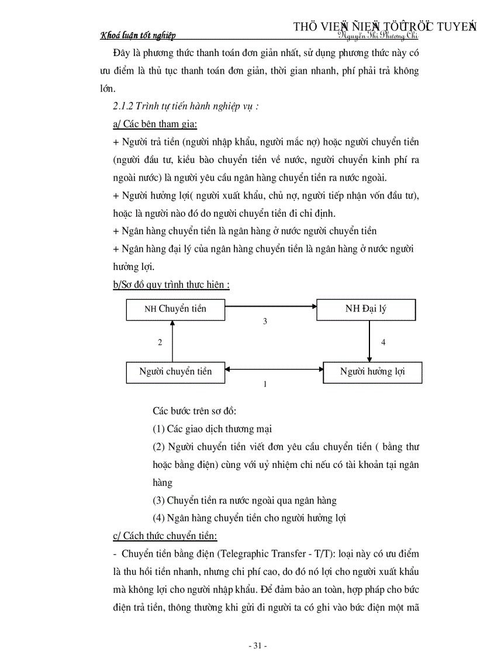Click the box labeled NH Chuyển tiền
(x=175, y=308)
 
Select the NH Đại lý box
(x=366, y=308)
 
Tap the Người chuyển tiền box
(x=175, y=372)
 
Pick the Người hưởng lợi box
(x=372, y=372)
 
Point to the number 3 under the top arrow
(x=265, y=321)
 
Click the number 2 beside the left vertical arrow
(x=160, y=342)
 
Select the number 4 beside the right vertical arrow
(x=383, y=342)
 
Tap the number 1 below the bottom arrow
(x=265, y=384)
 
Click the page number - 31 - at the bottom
(x=257, y=645)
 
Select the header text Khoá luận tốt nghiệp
(x=138, y=36)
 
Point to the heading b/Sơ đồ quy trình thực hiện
(x=171, y=284)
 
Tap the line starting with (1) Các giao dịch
(x=212, y=429)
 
